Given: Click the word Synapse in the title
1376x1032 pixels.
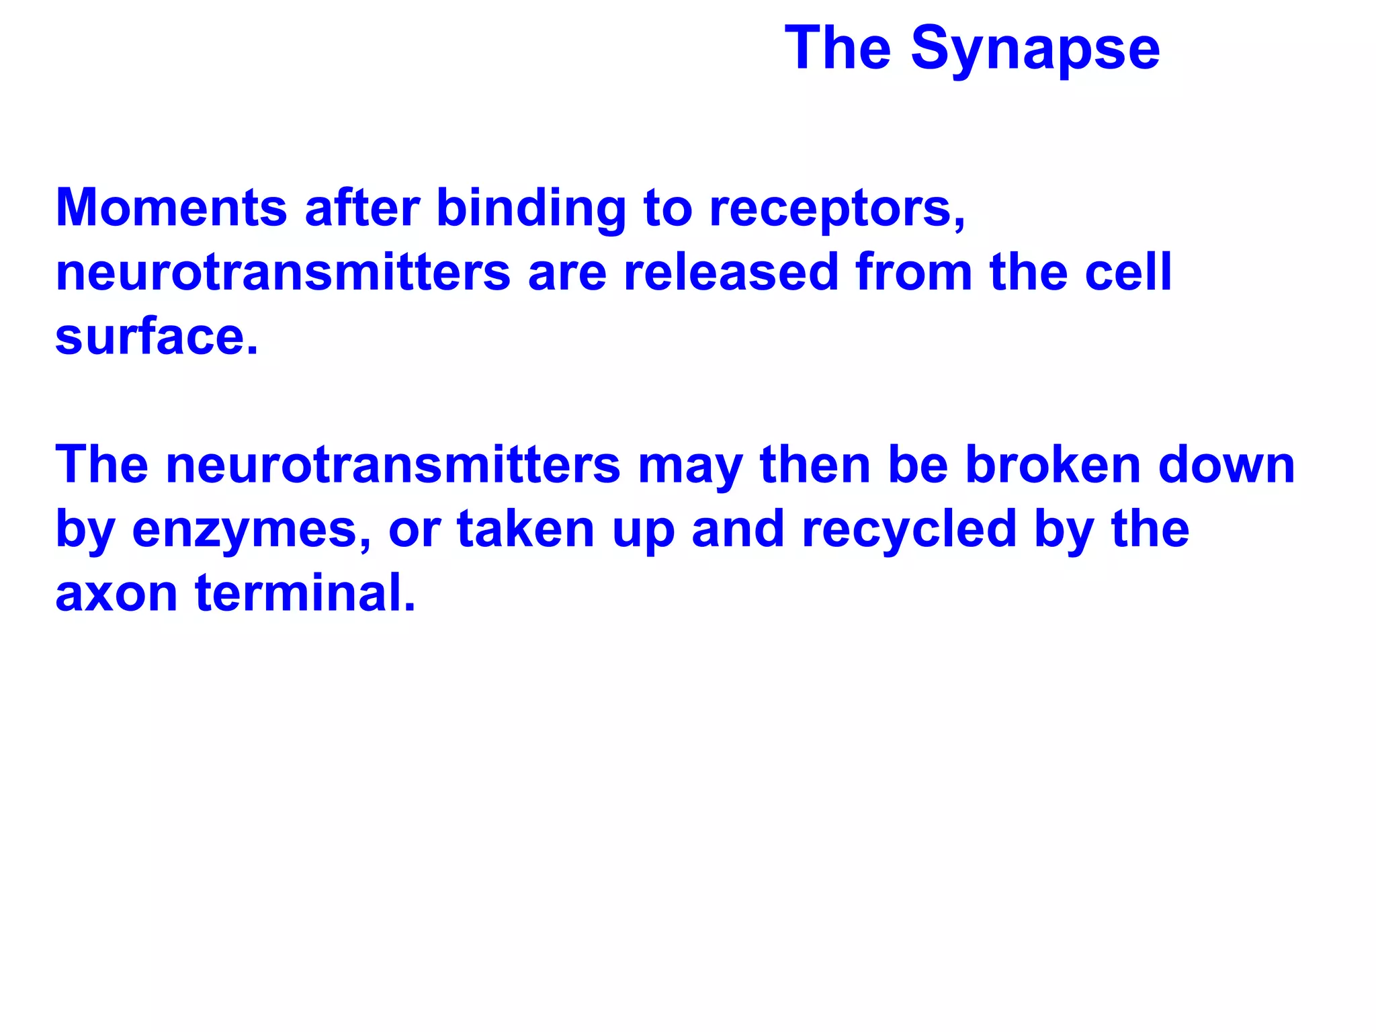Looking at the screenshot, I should [1035, 49].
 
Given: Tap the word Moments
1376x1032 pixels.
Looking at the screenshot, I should [171, 208].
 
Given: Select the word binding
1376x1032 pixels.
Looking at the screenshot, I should [531, 208].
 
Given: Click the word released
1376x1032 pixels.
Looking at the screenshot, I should [731, 272].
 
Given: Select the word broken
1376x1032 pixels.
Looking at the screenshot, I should [1053, 465].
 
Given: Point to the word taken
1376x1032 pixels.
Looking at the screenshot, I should [525, 529].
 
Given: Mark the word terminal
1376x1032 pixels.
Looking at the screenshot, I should [305, 593].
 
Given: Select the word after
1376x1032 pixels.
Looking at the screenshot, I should [362, 208].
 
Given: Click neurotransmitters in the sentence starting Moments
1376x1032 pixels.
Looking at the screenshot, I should [283, 272].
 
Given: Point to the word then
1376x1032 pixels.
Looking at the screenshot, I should [815, 465].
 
